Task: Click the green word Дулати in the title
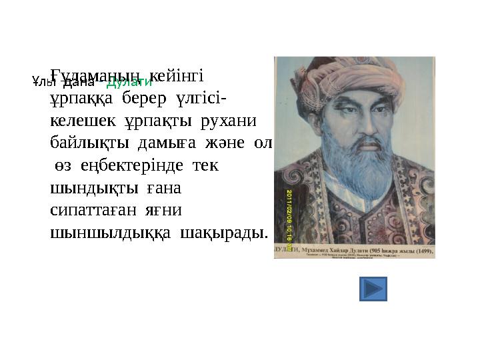pyautogui.click(x=129, y=83)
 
